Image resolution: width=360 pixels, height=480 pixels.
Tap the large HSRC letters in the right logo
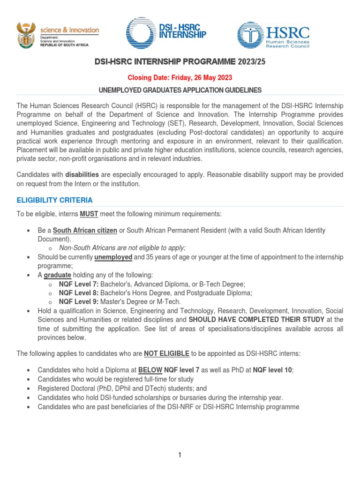(x=288, y=32)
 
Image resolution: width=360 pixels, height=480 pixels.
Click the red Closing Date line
(x=180, y=77)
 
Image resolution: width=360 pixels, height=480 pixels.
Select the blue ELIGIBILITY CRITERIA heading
(x=54, y=200)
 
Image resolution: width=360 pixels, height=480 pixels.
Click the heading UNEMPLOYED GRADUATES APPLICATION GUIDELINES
(x=180, y=90)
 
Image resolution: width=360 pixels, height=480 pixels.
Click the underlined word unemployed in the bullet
(x=113, y=257)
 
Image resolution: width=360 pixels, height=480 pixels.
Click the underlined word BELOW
(x=150, y=370)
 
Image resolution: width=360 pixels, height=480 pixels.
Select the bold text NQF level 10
(x=273, y=370)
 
